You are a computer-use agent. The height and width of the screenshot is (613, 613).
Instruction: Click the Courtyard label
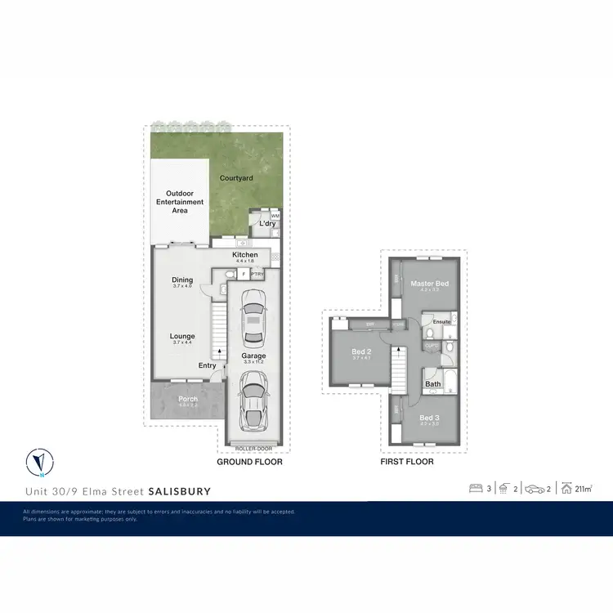click(x=237, y=177)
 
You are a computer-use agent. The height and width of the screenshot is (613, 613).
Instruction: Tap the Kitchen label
click(x=244, y=255)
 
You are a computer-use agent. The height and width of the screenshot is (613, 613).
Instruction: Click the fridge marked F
click(x=244, y=275)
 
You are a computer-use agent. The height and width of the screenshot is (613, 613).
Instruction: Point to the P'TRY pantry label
click(x=257, y=275)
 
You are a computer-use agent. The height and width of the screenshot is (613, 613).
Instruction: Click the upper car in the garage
click(x=253, y=323)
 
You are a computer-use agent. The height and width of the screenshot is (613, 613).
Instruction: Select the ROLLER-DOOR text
click(x=251, y=449)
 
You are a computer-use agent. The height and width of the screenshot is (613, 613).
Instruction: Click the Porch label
click(x=188, y=399)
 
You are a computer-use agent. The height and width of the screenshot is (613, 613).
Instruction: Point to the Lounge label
click(x=182, y=336)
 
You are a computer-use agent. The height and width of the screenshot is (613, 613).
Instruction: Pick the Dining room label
click(x=182, y=280)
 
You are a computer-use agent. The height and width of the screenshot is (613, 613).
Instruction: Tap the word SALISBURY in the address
click(x=179, y=491)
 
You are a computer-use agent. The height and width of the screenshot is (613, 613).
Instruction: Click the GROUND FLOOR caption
click(x=249, y=462)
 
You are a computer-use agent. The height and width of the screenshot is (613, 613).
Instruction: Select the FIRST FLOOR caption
click(x=407, y=462)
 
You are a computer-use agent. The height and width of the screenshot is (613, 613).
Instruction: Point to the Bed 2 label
click(x=361, y=351)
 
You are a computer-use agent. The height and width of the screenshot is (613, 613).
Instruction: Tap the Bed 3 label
click(x=429, y=418)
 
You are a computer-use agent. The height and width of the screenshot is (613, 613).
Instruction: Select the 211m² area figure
click(x=583, y=490)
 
